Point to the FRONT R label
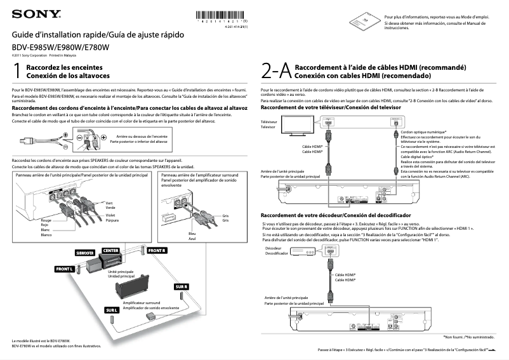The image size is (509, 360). tap(157, 251)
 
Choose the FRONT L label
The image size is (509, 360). tap(65, 269)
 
